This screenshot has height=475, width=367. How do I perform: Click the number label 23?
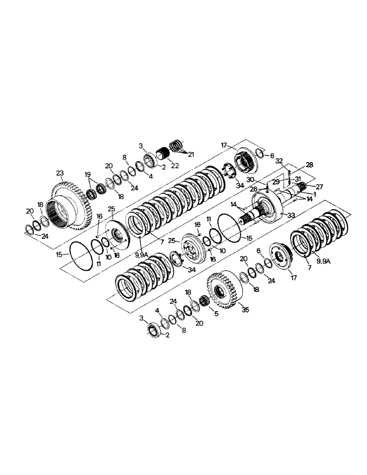[59, 173]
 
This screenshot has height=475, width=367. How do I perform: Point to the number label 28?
[309, 164]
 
